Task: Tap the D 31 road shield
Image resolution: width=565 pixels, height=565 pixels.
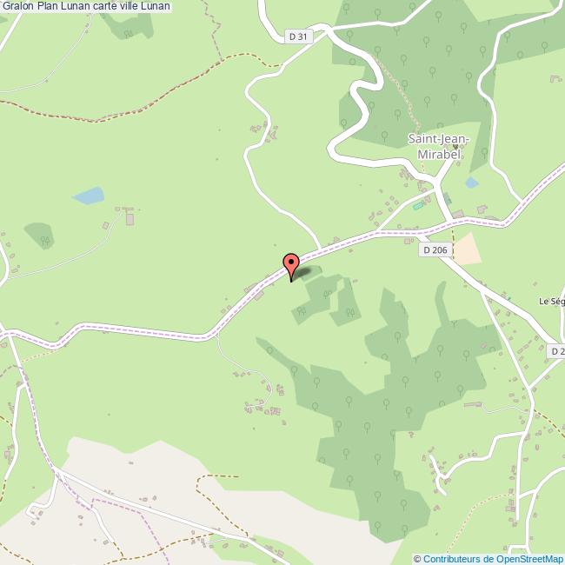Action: [x=298, y=36]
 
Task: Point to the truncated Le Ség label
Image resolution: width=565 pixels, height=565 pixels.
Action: [x=552, y=301]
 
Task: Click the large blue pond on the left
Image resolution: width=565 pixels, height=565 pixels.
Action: [x=89, y=196]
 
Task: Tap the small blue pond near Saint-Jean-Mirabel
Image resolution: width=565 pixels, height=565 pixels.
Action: [x=471, y=183]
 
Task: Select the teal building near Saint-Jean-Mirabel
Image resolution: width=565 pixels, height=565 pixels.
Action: [x=419, y=205]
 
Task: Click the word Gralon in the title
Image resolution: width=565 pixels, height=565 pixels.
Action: [x=17, y=7]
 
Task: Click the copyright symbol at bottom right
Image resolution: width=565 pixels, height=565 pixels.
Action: [x=417, y=559]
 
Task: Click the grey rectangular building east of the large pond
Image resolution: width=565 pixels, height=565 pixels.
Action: [x=130, y=219]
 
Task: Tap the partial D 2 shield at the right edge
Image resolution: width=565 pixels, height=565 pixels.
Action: [x=557, y=350]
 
